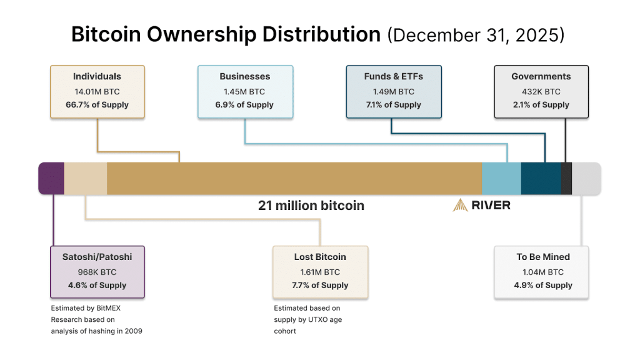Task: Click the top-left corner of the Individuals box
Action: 51,66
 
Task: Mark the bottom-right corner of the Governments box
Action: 588,118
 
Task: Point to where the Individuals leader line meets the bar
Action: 179,162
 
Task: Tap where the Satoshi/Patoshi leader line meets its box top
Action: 54,246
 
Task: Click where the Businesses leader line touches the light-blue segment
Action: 507,162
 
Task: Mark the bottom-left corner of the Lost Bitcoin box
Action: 273,298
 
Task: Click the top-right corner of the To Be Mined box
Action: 588,246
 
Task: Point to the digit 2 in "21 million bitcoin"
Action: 262,205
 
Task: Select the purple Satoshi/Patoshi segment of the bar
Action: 51,178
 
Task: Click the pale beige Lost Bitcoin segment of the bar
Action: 86,178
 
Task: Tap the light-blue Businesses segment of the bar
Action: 502,178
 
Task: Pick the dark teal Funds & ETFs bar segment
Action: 541,178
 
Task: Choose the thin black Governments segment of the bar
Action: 566,178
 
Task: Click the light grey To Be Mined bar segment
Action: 586,178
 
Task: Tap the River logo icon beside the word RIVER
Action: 461,205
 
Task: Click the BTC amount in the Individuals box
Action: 97,92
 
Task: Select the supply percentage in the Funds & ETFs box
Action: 394,105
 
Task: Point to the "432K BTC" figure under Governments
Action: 541,92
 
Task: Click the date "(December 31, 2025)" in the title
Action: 476,35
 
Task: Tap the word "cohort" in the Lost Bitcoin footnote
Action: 285,331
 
